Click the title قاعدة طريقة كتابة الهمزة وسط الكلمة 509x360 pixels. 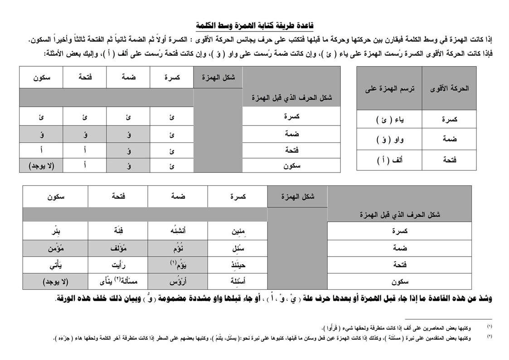pos(254,25)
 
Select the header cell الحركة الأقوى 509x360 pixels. pos(449,88)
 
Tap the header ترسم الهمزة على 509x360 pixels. pos(389,88)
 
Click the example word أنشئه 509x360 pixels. pos(177,231)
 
